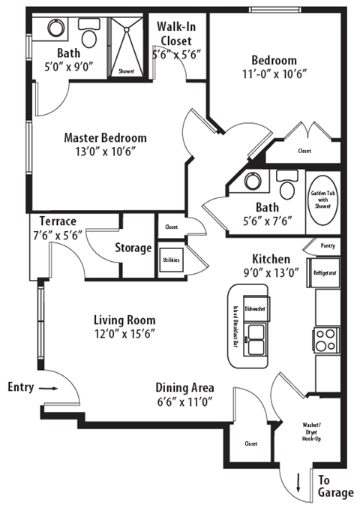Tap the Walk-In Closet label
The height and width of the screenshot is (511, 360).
(177, 33)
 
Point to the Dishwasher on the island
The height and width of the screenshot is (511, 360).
(256, 308)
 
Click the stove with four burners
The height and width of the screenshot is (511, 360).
(328, 341)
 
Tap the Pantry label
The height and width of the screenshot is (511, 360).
(327, 245)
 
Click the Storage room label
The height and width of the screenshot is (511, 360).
(133, 248)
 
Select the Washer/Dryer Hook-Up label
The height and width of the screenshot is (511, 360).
(310, 434)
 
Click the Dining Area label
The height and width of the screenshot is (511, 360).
(184, 388)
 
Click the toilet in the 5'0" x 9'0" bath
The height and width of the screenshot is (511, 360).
(88, 36)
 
